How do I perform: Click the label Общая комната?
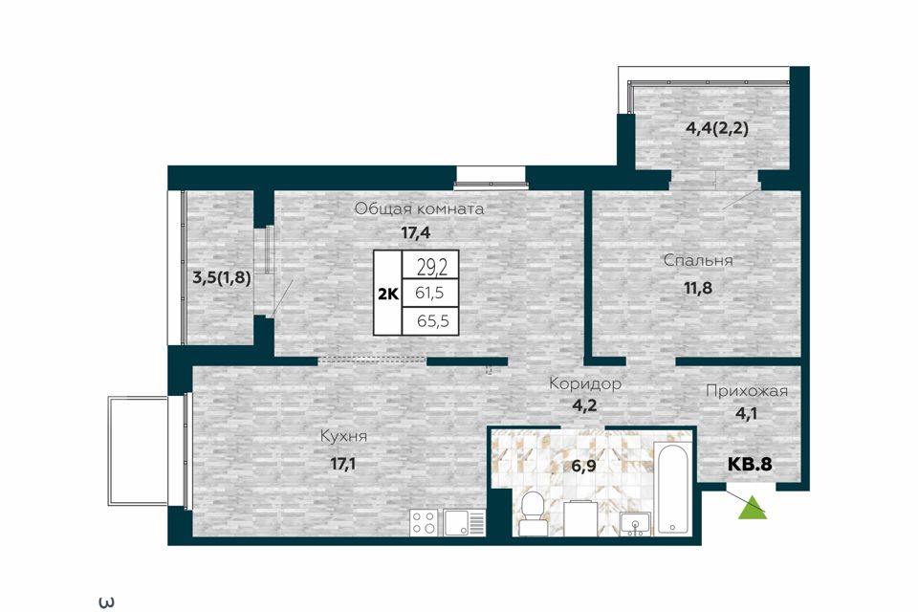point(419,209)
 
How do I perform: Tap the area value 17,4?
point(416,232)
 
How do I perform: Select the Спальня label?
point(698,260)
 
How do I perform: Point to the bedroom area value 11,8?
point(698,288)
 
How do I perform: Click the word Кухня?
point(343,436)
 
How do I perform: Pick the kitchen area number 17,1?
point(343,465)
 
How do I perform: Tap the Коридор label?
point(585,384)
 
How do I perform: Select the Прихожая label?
point(747,390)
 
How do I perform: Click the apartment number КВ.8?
point(750,465)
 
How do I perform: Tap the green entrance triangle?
point(753,508)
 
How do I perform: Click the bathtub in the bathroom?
point(673,490)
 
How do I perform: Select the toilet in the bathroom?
point(533,514)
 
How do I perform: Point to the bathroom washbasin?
point(635,523)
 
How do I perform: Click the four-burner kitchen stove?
point(425,522)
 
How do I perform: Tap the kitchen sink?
point(465,522)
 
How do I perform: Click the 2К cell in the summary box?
point(387,294)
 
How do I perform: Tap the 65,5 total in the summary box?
point(429,321)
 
